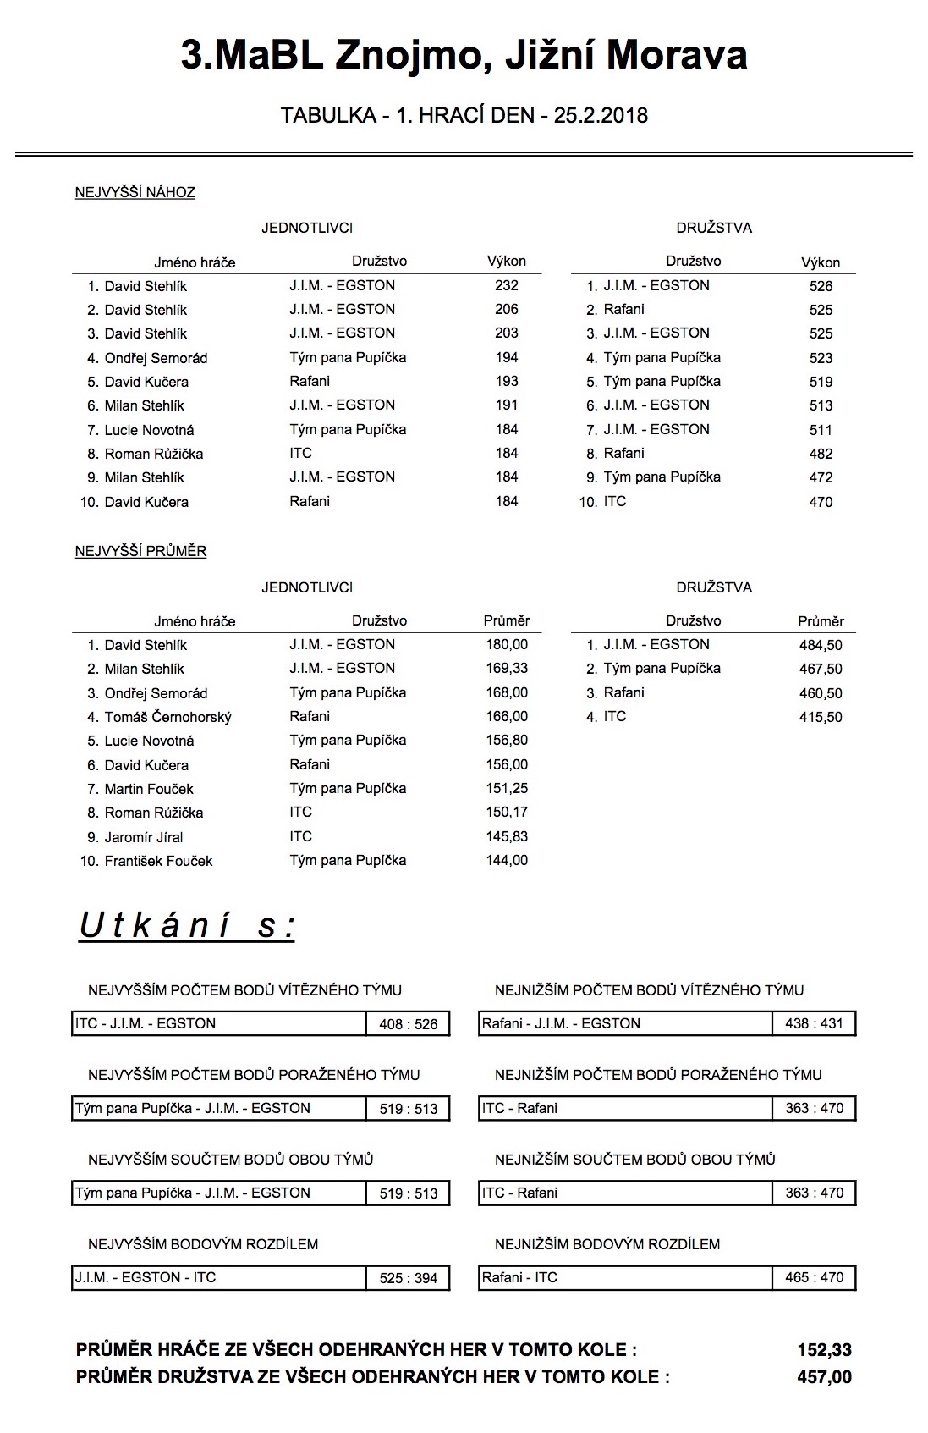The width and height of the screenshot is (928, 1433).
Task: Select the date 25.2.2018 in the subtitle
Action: [601, 116]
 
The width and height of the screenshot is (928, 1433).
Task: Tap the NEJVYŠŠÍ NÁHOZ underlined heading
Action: [135, 192]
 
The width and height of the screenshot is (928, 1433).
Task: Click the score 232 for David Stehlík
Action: [507, 286]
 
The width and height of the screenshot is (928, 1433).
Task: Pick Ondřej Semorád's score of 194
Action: [507, 358]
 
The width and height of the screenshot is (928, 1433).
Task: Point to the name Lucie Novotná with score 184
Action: [149, 430]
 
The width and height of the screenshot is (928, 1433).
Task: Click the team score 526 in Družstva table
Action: [821, 286]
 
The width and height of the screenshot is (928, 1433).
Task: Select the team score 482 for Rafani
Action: [821, 454]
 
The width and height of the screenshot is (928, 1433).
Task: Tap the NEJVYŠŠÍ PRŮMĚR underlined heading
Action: [140, 551]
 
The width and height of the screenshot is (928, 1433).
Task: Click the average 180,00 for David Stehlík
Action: [507, 645]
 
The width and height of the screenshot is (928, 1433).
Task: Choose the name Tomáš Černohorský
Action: [167, 717]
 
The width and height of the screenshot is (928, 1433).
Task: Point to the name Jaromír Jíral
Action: [144, 837]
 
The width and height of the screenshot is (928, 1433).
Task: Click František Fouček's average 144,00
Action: [507, 861]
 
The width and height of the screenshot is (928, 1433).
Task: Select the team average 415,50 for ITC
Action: [821, 717]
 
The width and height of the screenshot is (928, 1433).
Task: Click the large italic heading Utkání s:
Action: [187, 926]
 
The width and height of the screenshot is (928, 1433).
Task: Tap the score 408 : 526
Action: [409, 1024]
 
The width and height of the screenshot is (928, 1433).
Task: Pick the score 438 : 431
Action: [814, 1023]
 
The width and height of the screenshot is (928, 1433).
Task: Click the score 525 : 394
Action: [409, 1278]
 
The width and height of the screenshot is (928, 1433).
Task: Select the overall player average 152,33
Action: [824, 1350]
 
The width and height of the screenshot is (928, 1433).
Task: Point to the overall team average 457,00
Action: [824, 1377]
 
